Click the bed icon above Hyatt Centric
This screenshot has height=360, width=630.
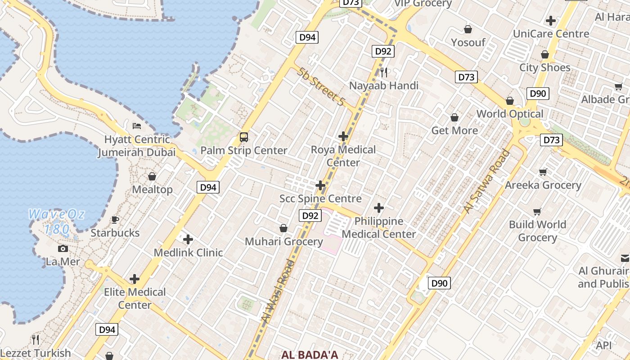pos(137,126)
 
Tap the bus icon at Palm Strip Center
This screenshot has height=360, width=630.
pos(244,137)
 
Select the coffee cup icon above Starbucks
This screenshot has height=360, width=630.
pos(115,220)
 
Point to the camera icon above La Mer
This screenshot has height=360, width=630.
pos(63,248)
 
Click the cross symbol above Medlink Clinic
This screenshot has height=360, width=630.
pos(188,239)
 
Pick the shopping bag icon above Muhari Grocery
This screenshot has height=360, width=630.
pos(283,229)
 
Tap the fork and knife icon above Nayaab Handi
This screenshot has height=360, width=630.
pos(384,72)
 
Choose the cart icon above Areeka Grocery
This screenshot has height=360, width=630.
pos(543,172)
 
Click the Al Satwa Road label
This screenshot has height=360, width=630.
pos(487,181)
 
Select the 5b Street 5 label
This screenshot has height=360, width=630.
pos(320,87)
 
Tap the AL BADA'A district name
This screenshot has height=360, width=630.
pos(310,355)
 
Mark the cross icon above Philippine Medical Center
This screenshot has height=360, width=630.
pos(379,208)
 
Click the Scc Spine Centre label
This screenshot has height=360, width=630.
pos(320,198)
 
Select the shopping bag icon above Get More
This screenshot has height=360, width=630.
pos(454,118)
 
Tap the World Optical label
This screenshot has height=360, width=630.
pos(510,114)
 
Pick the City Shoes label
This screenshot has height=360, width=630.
pos(544,67)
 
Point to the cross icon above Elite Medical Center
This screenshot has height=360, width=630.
pos(135,279)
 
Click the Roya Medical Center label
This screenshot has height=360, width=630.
pos(343,156)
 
